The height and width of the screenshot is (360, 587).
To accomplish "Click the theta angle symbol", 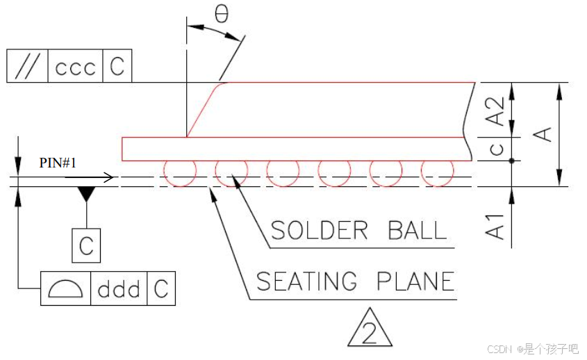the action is pos(222,14).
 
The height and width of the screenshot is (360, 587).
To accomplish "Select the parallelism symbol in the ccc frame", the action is pos(26,67).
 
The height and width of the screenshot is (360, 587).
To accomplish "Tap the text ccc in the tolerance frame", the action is pos(75,67).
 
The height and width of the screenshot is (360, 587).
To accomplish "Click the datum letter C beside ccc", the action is pos(117,67).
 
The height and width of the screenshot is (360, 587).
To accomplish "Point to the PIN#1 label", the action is pos(58,163).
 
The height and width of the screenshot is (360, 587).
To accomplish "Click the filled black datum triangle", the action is pos(85,194).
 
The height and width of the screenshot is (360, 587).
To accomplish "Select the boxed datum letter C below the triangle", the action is pos(86,245).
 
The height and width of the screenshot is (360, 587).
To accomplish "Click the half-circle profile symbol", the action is pos(67,288).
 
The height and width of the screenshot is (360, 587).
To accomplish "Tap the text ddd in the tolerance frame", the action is pos(118,288).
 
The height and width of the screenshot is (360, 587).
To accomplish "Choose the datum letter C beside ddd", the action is pos(161,288).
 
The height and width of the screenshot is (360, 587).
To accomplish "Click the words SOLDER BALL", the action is pos(358,230).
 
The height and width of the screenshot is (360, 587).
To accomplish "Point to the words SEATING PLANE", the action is pos(355,281).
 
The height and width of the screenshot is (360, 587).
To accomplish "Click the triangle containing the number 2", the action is pos(370,329).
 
